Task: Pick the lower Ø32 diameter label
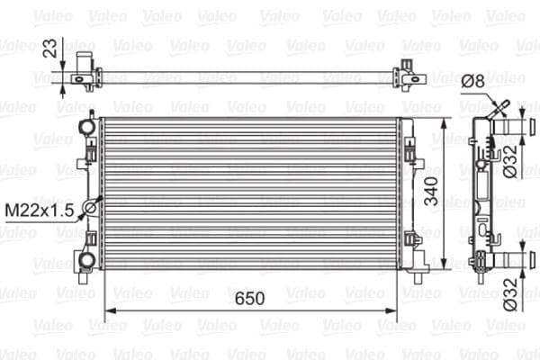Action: [509, 292]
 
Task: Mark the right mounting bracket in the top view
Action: [411, 73]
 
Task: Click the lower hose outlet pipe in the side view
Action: [511, 261]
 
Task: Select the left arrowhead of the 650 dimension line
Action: [110, 311]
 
